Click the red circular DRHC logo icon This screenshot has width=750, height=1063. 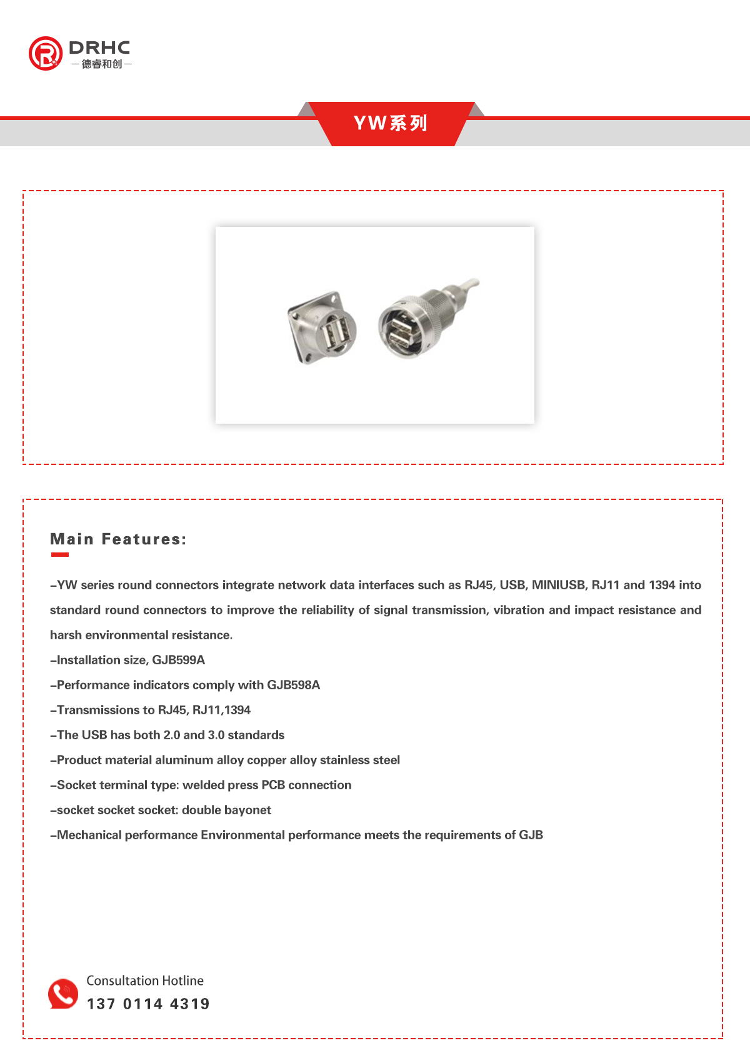click(45, 53)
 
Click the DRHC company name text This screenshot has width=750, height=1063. click(99, 47)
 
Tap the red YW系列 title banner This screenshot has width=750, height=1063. click(391, 123)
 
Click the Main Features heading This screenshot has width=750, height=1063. click(118, 539)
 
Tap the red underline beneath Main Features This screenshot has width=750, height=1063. click(59, 554)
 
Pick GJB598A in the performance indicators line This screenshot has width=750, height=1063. click(293, 685)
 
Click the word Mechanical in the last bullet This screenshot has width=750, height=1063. click(89, 835)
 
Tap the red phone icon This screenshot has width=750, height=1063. click(63, 994)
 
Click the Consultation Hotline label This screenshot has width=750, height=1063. click(145, 981)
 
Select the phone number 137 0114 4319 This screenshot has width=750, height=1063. click(148, 1004)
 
